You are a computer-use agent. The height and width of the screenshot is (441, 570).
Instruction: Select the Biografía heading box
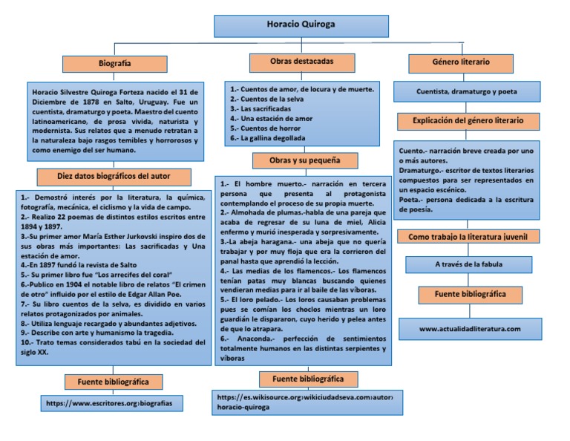coord(114,65)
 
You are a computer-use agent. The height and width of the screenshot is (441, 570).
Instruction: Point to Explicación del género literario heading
coord(468,120)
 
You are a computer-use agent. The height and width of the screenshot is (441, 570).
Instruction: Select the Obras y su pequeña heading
coord(305,160)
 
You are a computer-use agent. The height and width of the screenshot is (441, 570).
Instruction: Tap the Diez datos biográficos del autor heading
coord(114,177)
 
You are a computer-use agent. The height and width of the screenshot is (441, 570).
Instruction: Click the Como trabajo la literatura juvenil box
coord(468,237)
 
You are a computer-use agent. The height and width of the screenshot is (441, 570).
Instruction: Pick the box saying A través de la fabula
coord(468,264)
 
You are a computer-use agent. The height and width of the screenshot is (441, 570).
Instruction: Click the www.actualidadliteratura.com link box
coord(470,328)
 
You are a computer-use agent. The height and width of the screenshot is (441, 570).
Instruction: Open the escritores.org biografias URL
coord(114,403)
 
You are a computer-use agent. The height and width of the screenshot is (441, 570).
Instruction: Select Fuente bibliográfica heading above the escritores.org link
coord(114,382)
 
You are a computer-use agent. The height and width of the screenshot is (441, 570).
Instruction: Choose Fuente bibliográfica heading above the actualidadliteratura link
coord(471,295)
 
